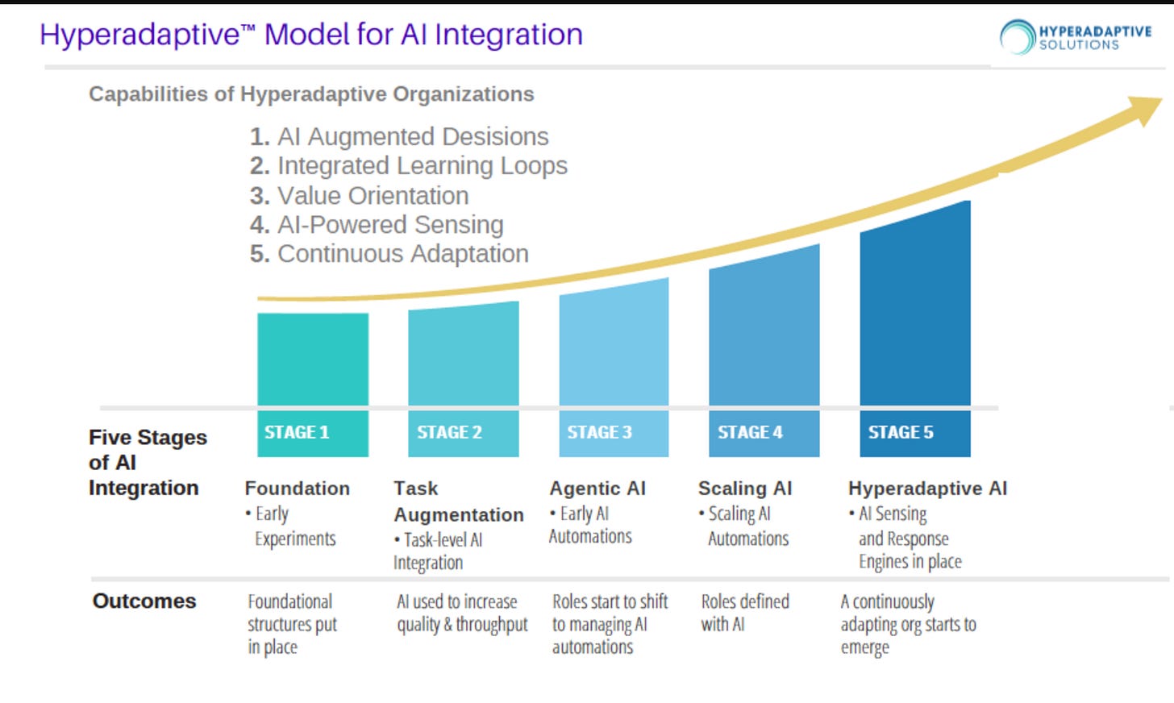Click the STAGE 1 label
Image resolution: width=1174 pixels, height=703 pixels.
coord(297,433)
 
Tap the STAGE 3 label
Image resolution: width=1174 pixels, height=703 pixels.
coord(599,433)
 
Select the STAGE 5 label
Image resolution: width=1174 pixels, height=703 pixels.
coord(901,433)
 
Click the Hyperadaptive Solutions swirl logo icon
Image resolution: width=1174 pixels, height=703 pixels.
coord(1017,37)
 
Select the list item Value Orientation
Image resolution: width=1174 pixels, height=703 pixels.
coord(373,196)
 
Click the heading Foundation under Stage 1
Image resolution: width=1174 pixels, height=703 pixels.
coord(297,489)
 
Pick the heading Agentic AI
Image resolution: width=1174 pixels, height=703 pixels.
coord(597,489)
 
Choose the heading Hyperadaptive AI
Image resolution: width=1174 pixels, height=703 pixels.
coord(927,489)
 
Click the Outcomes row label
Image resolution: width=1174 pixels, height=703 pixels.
coord(144,601)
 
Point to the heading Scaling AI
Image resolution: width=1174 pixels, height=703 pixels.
coord(745,489)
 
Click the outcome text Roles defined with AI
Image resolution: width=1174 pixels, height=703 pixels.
coord(744,613)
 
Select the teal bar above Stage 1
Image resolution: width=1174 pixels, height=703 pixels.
coord(313,359)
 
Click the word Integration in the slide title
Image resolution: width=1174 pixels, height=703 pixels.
coord(508,35)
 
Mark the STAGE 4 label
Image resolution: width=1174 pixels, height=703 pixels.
coord(750,433)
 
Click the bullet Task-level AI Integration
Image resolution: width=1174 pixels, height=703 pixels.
coord(438,551)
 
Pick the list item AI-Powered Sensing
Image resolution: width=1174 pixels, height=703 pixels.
coord(390,225)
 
